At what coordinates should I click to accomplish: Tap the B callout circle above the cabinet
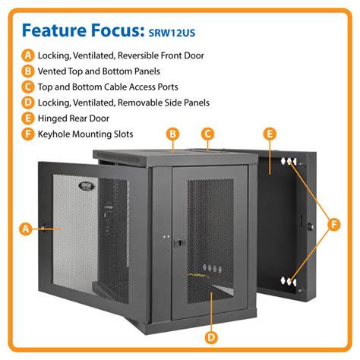[173, 134]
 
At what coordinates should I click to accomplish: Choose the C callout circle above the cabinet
[207, 134]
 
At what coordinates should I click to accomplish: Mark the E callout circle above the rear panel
[270, 134]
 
